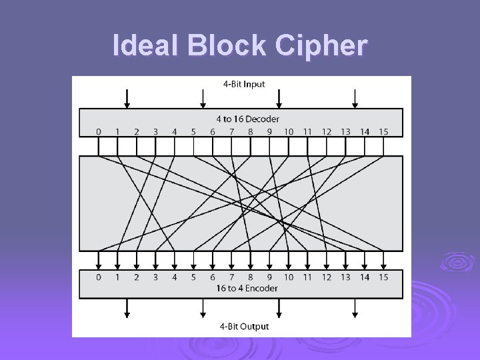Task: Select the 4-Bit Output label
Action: (244, 326)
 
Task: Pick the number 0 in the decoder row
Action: (99, 132)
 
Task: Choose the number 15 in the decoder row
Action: (383, 132)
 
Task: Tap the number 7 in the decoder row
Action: (231, 132)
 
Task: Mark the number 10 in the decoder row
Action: (289, 132)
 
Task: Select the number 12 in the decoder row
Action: (327, 132)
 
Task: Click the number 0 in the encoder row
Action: (99, 277)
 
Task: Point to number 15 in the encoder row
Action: (383, 277)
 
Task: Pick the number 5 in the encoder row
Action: (193, 277)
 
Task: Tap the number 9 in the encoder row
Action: (269, 277)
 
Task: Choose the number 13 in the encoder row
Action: (345, 277)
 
